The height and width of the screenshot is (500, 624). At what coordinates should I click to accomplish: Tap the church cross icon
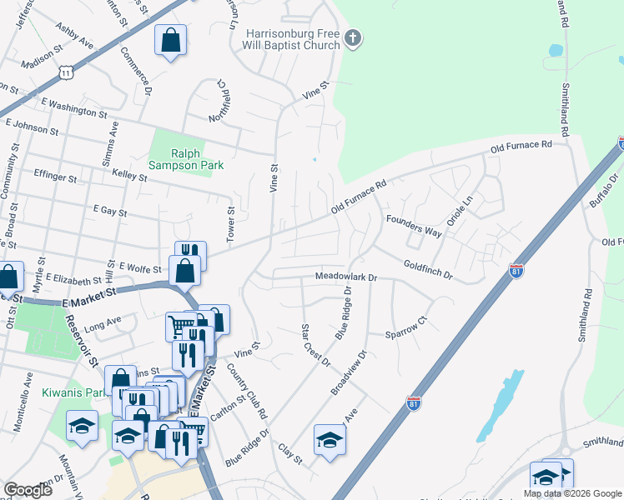(353, 37)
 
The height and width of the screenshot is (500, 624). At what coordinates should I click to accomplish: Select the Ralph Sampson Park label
(198, 159)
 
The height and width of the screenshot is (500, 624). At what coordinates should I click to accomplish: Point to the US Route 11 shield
(65, 73)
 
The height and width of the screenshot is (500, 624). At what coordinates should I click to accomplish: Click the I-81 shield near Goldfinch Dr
(516, 272)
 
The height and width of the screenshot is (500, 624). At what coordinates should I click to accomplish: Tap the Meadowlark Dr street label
(346, 276)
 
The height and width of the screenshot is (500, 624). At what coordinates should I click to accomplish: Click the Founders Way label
(414, 226)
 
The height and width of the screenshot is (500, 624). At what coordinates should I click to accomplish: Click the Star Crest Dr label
(315, 345)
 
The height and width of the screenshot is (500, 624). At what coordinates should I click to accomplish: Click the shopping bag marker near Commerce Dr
(170, 40)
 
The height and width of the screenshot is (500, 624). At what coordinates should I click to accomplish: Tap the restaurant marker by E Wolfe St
(190, 253)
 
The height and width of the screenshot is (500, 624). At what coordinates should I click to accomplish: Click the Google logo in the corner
(28, 490)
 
